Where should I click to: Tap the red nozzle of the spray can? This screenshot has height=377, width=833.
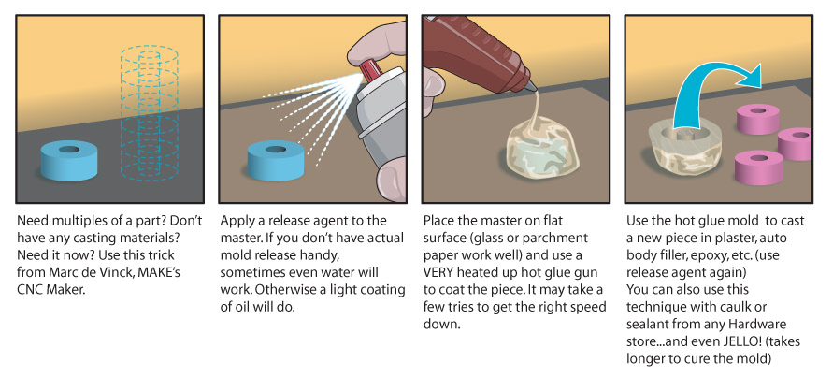(366, 72)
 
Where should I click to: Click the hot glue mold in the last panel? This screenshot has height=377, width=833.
(685, 148)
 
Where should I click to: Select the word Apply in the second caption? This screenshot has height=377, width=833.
(237, 221)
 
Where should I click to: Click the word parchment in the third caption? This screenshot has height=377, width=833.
(558, 239)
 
